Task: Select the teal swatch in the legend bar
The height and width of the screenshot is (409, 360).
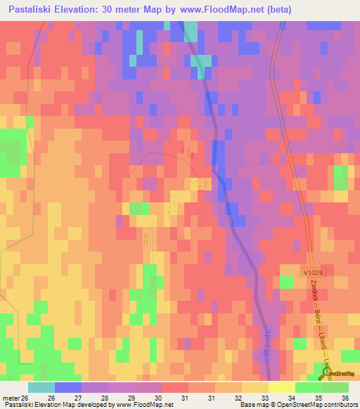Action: coord(41,387)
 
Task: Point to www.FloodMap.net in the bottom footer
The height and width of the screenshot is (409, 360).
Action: coord(146,405)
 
